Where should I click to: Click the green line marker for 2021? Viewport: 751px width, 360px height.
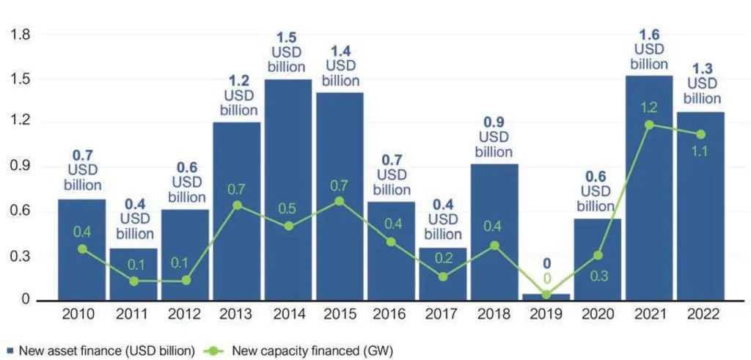point(649,125)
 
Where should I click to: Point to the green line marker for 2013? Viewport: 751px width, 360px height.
point(236,205)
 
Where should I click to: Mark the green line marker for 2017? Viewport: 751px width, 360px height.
point(443,276)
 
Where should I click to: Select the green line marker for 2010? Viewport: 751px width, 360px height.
point(82,249)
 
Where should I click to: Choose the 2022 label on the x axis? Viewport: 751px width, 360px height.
point(701,316)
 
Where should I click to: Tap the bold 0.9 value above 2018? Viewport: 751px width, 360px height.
point(494,122)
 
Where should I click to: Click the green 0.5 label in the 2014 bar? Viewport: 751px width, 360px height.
point(288,210)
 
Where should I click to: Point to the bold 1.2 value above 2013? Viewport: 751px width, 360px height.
point(236,80)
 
